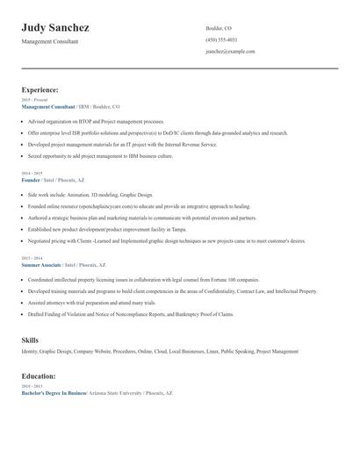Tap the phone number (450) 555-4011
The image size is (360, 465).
point(220,39)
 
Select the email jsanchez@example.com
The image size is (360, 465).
point(230,52)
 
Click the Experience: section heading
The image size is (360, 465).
point(40,89)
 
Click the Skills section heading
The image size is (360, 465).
point(31,339)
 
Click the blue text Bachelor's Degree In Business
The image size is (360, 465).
point(54,393)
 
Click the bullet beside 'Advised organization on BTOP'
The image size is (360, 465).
point(23,121)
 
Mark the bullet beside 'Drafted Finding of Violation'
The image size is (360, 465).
point(23,313)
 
